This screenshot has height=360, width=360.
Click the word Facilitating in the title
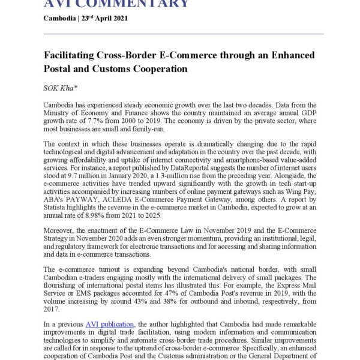[x=74, y=55]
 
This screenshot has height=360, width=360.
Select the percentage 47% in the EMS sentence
[x=176, y=295]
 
